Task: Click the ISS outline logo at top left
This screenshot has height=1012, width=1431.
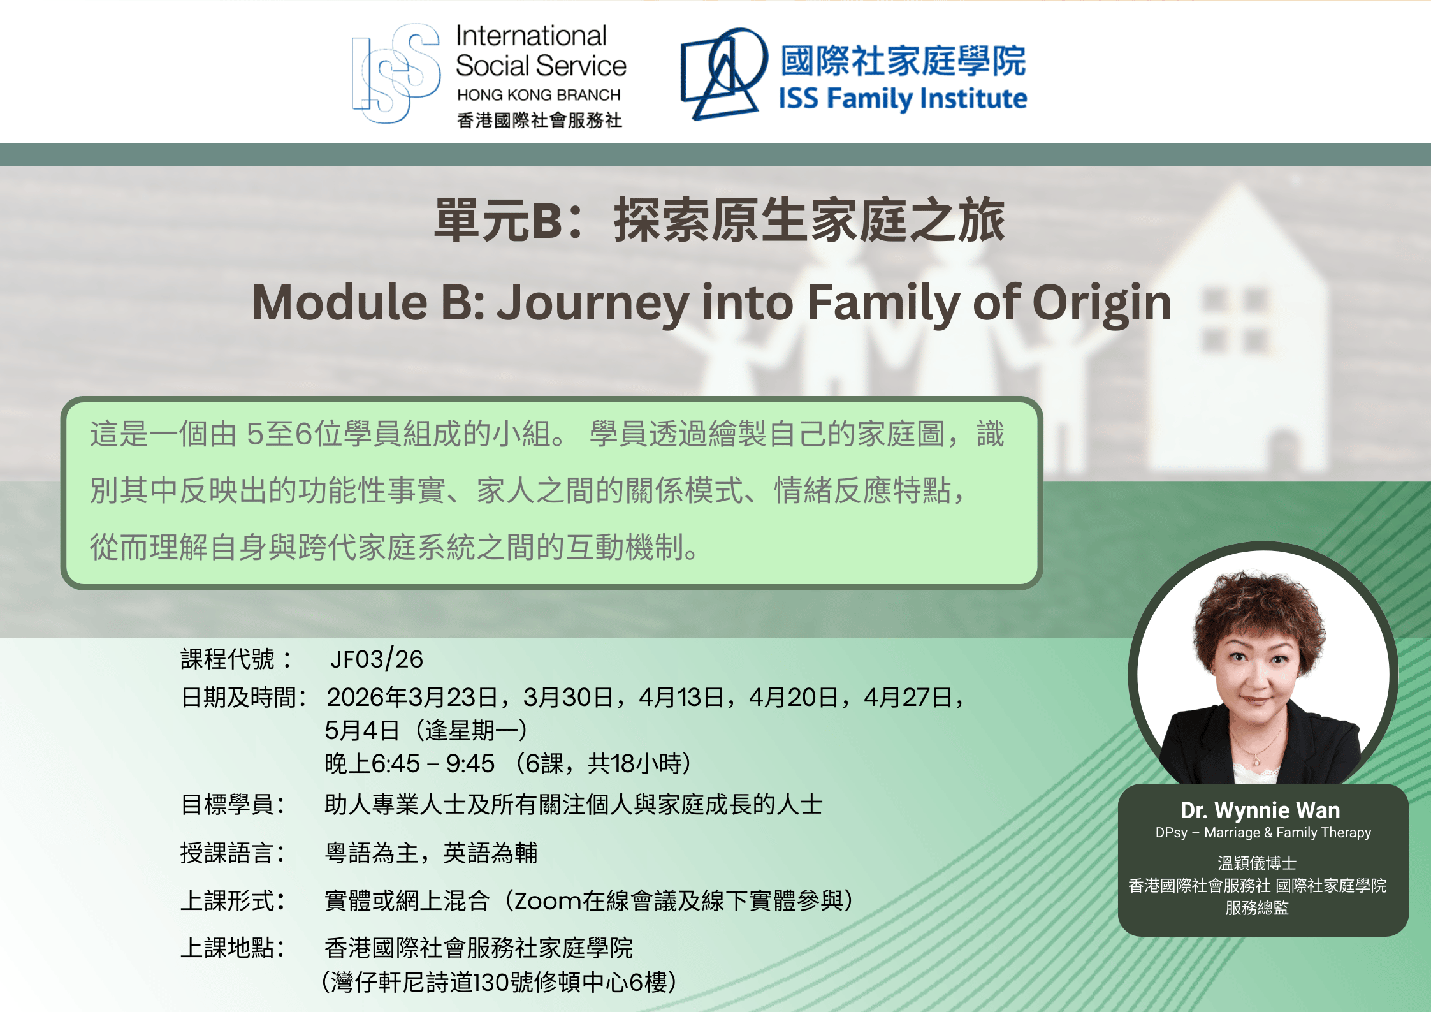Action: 396,73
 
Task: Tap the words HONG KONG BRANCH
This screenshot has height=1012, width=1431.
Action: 539,95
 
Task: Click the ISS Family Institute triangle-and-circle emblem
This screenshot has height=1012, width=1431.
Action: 723,74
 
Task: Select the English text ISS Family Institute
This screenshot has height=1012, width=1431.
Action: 903,99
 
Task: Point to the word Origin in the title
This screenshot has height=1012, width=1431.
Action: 1101,304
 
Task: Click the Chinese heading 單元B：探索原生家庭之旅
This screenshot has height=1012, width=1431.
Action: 720,221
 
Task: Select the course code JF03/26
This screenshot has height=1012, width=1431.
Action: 377,659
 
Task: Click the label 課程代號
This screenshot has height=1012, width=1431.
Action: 228,659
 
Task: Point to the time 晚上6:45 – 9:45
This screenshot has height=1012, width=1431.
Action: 410,764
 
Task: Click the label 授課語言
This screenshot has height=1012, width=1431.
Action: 228,853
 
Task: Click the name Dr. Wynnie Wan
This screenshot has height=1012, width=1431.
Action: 1260,810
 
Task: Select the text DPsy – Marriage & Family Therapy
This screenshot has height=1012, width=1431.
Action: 1263,833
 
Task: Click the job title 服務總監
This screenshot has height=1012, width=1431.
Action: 1257,908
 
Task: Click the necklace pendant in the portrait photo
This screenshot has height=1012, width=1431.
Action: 1257,761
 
